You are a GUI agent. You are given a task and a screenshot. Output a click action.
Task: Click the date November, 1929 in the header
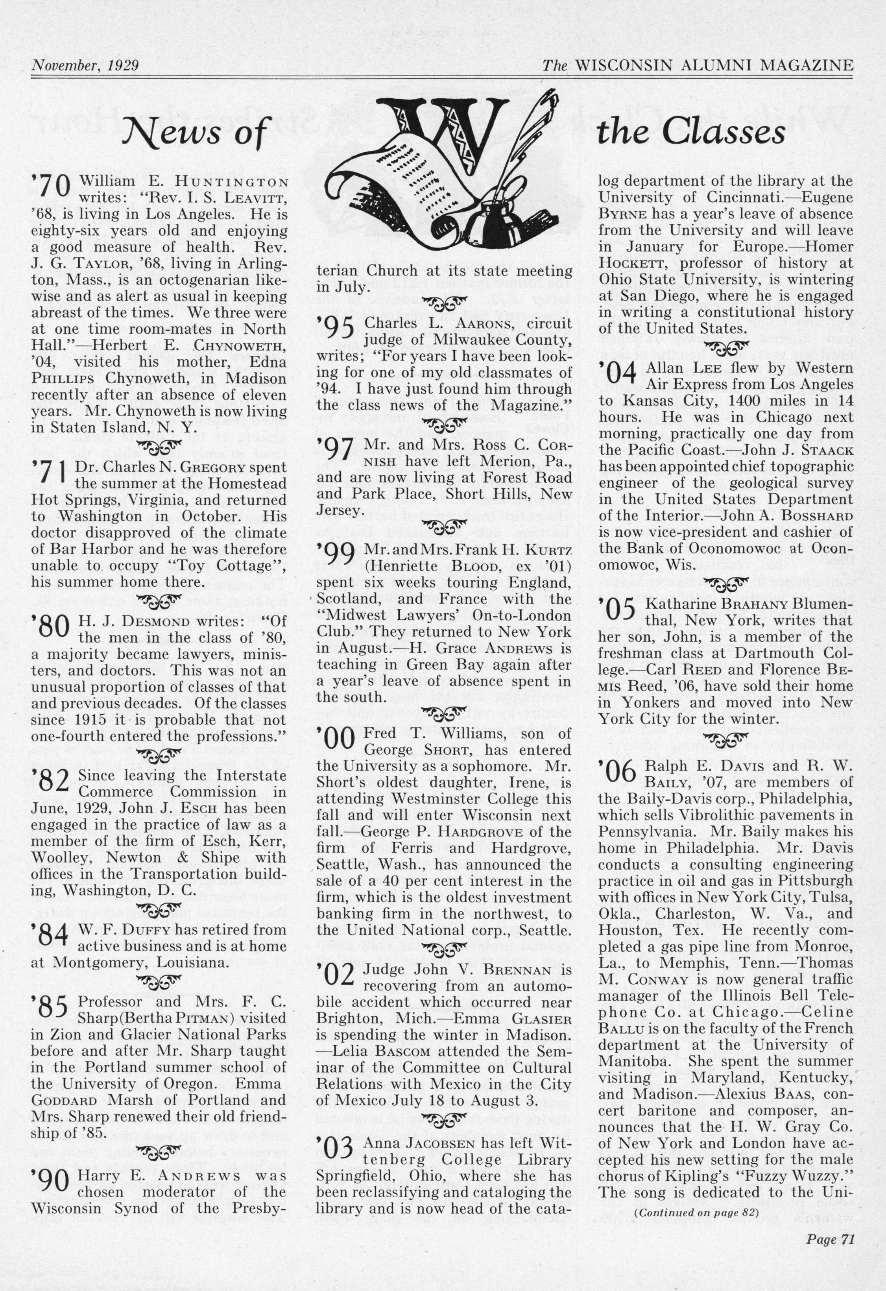(x=85, y=66)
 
